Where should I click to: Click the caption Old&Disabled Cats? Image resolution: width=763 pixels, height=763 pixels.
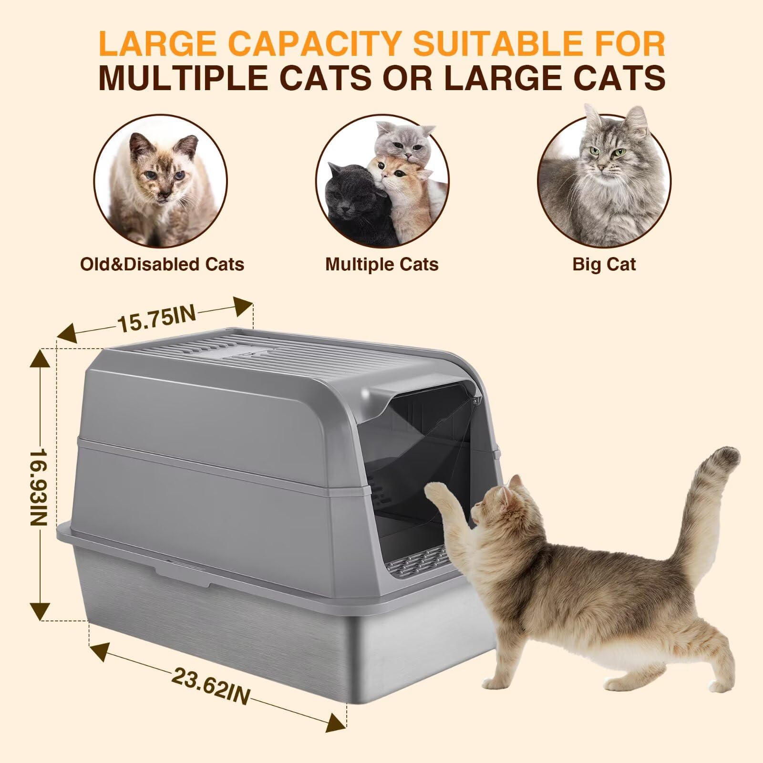click(x=162, y=264)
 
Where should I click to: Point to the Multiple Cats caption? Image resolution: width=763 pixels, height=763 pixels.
click(x=381, y=264)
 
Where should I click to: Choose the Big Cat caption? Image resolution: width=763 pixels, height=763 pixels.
click(x=604, y=264)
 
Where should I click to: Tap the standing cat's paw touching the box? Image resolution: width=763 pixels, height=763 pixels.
click(x=436, y=491)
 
